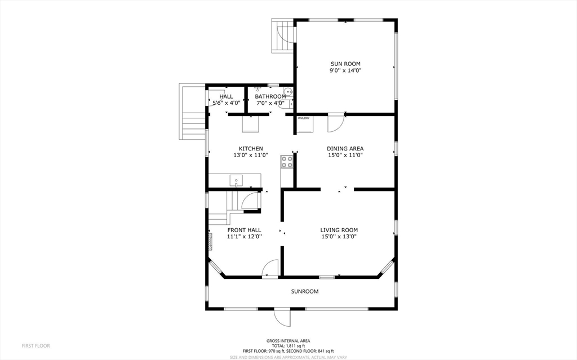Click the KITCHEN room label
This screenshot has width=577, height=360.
click(x=251, y=149)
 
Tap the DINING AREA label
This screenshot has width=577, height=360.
click(x=345, y=149)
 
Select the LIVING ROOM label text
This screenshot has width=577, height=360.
click(x=339, y=230)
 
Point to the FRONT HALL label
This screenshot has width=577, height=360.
click(x=245, y=230)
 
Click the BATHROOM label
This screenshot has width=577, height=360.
click(x=270, y=96)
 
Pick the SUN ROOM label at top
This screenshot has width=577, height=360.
click(x=345, y=64)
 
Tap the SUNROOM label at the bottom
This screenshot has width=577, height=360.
click(x=305, y=291)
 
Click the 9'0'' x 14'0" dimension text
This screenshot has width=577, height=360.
click(x=345, y=70)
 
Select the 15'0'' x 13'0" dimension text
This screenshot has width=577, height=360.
click(x=339, y=237)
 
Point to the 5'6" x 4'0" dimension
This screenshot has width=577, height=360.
click(x=227, y=103)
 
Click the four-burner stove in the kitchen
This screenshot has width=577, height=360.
click(x=287, y=162)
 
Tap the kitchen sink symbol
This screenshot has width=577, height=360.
click(x=236, y=181)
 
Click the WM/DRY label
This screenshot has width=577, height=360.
click(x=304, y=118)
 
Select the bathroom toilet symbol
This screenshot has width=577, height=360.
click(x=288, y=92)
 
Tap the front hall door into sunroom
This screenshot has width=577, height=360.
click(x=270, y=268)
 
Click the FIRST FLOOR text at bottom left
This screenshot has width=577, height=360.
click(x=35, y=346)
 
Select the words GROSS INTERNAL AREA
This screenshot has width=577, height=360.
click(x=288, y=341)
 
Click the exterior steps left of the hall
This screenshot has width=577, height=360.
click(x=192, y=112)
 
